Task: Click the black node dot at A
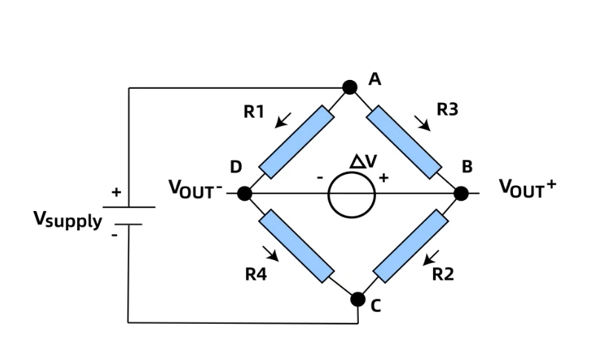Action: (x=350, y=87)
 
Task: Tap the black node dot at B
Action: (x=461, y=193)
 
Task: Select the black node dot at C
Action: (x=358, y=299)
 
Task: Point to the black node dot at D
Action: (x=245, y=193)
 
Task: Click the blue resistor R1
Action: (x=297, y=142)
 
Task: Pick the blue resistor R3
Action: (x=404, y=142)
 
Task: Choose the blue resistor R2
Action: (x=411, y=246)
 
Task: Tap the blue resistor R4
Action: (x=297, y=246)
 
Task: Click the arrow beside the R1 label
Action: (x=282, y=120)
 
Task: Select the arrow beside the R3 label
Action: (x=423, y=124)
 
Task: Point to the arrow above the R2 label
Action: (x=431, y=258)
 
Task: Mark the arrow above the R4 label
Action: (x=271, y=253)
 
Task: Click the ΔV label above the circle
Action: (x=363, y=161)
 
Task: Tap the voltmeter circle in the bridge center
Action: (x=351, y=172)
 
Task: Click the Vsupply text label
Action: (x=67, y=220)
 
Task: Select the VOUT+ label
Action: (x=528, y=188)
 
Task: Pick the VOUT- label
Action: (x=196, y=189)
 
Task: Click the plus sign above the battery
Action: (x=116, y=192)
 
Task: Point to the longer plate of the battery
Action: (x=129, y=207)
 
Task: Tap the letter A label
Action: (x=375, y=79)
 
